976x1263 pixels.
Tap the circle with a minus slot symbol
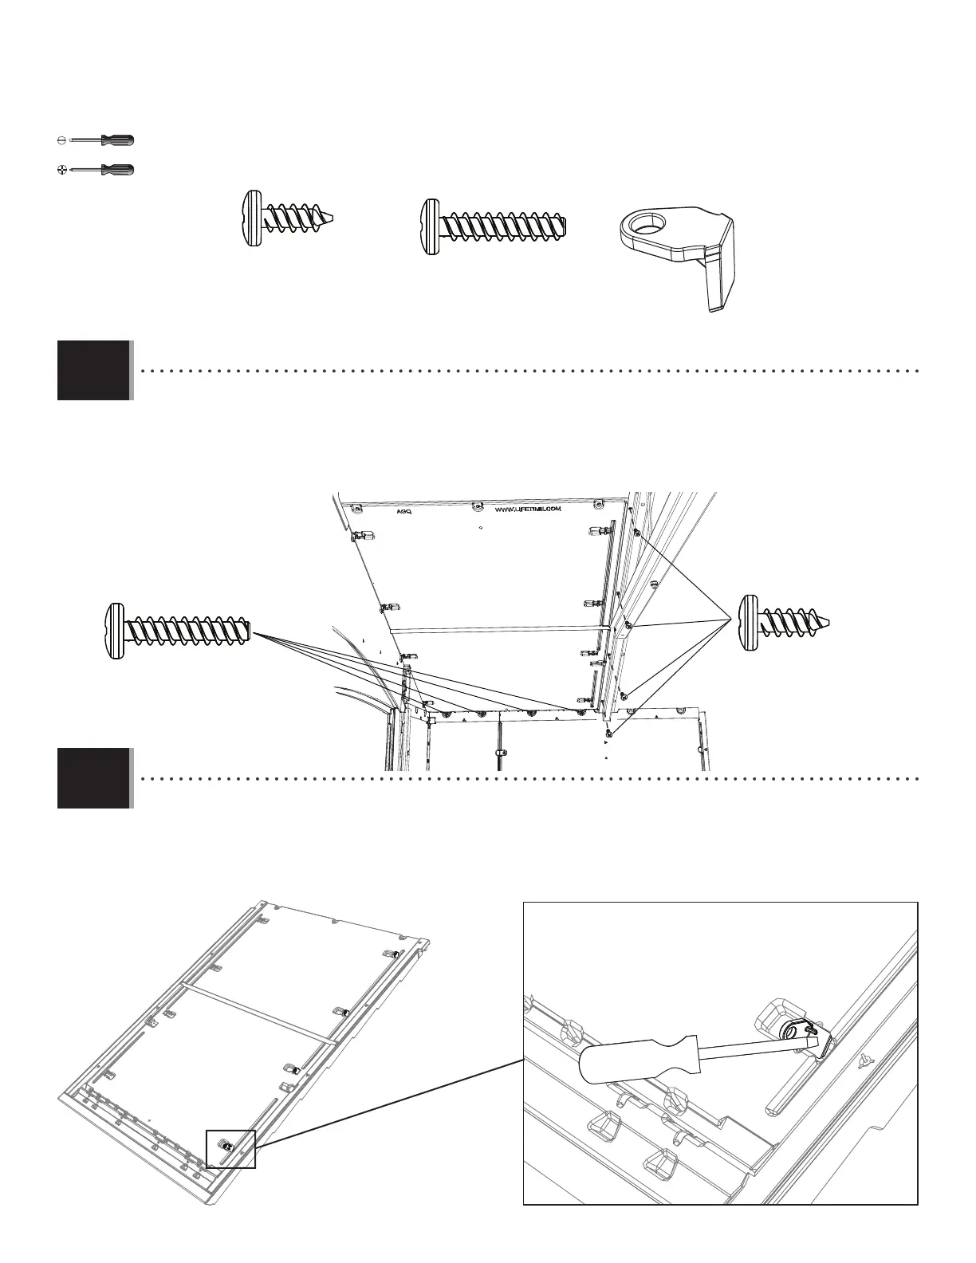coord(61,140)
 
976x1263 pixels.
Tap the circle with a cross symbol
coord(61,169)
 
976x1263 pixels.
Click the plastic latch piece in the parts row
coord(678,247)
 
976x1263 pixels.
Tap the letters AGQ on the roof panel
coord(403,513)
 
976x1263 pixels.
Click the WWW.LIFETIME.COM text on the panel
coord(529,509)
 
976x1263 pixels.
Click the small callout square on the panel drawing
coord(230,1148)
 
